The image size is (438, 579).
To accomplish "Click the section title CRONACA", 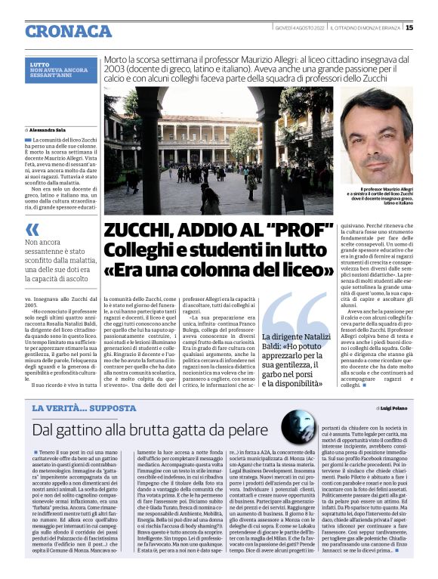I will (68, 31).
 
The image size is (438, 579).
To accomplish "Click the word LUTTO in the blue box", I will (39, 65).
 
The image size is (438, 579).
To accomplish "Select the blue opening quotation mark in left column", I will (32, 228).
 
